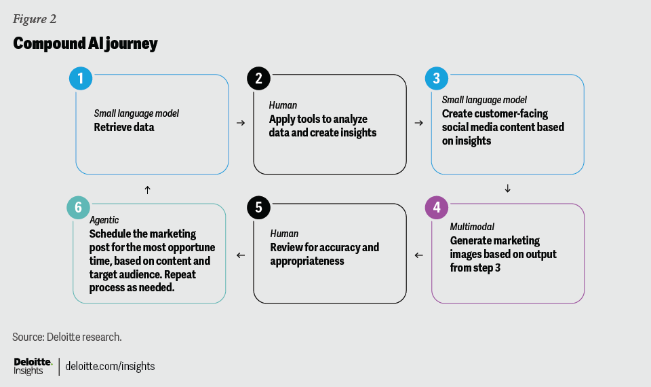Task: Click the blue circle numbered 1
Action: pos(81,79)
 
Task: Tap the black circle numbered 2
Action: pos(258,79)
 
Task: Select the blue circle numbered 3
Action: pos(436,79)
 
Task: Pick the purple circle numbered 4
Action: pos(436,208)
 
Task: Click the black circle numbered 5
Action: pos(258,208)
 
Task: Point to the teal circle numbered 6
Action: pos(78,208)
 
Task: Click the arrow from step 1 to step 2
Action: pos(240,123)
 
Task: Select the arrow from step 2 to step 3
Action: pos(418,123)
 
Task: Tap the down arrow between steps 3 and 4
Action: pos(507,189)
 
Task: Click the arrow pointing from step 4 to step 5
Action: pos(418,255)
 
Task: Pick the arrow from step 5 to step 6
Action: pos(240,255)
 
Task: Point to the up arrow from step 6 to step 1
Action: pos(147,189)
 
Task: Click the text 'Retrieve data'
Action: pos(124,127)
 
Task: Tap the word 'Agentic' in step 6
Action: pos(104,220)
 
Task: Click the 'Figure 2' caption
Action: pos(34,18)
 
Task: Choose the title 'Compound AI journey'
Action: pos(85,44)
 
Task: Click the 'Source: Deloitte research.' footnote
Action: pos(66,337)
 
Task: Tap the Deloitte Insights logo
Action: pos(33,366)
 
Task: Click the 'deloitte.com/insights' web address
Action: pos(110,366)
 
